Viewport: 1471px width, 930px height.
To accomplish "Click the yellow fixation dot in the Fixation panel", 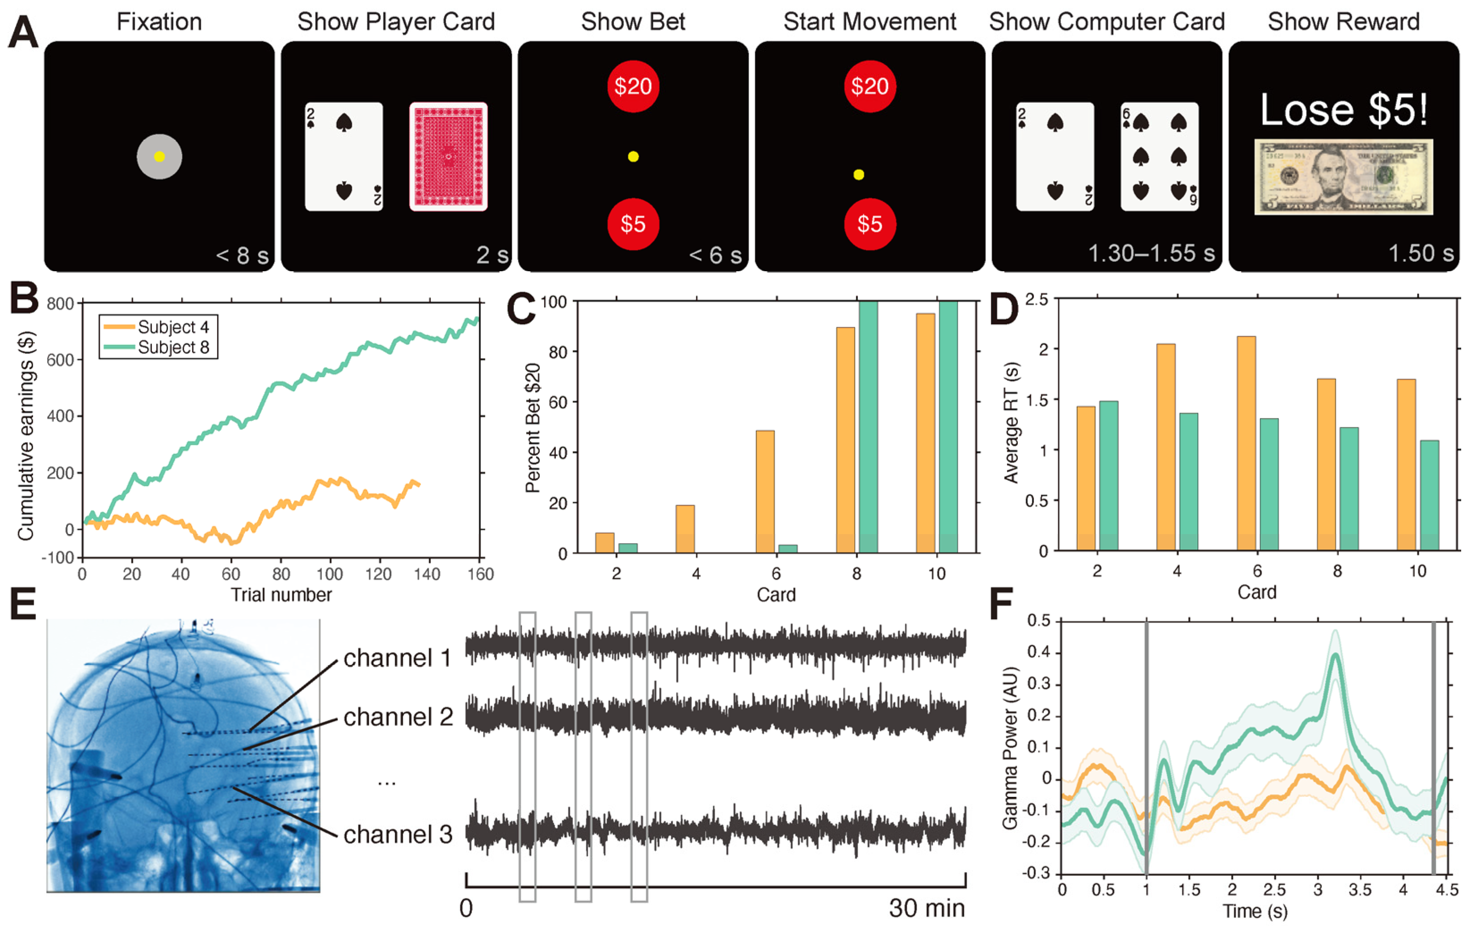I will pos(160,156).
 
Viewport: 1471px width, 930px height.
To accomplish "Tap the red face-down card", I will pos(448,156).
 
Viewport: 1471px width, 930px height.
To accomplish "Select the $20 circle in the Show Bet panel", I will pos(633,86).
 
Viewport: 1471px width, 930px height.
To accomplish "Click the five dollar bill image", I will pos(1343,177).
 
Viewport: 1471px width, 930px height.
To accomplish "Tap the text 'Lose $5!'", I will pos(1343,110).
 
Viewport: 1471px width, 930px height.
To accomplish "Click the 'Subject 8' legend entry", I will pos(173,347).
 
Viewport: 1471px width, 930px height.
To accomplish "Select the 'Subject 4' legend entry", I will pos(173,328).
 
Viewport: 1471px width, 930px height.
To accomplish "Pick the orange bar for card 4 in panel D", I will pos(1165,447).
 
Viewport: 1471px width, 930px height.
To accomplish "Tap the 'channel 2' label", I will pos(398,717).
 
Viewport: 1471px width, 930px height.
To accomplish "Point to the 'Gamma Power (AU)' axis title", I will pos(1010,748).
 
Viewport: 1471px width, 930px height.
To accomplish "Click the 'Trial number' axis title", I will pos(281,594).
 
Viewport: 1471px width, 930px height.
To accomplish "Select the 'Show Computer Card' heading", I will pos(1106,22).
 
